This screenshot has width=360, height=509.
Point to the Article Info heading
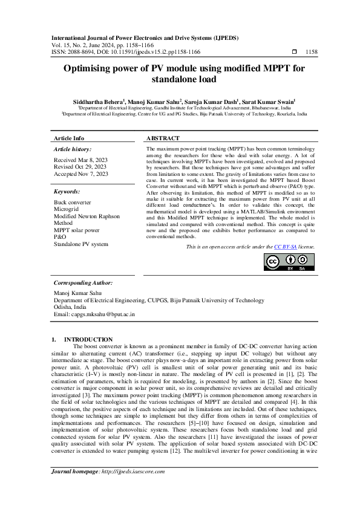[70, 138]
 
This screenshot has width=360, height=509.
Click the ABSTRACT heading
[163, 138]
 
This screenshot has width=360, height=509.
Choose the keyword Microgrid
[68, 209]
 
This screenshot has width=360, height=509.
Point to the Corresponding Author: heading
[84, 282]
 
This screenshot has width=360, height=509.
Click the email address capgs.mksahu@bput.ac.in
[94, 314]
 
